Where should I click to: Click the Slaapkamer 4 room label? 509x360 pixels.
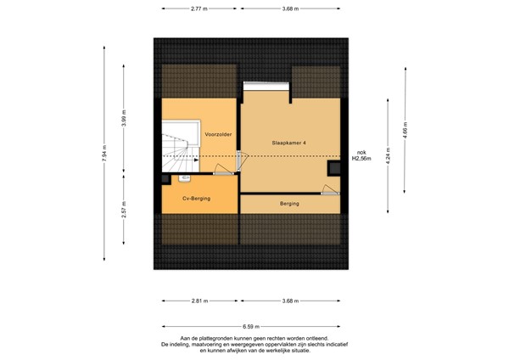[x=289, y=143]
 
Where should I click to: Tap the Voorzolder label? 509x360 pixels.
[x=219, y=134]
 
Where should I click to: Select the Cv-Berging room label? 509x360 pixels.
[x=197, y=198]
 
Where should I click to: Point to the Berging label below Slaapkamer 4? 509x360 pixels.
[x=290, y=204]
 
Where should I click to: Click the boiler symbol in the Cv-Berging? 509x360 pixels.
[x=184, y=179]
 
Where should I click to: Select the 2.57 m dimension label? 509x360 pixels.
[x=124, y=211]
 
